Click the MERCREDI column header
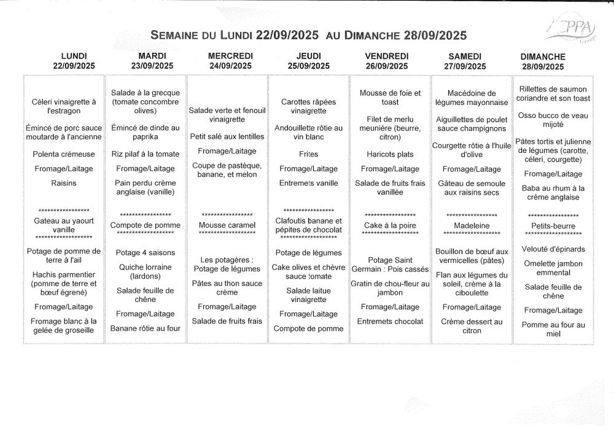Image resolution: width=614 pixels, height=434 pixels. pyautogui.click(x=230, y=56)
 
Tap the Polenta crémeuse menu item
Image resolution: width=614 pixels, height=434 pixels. pyautogui.click(x=64, y=154)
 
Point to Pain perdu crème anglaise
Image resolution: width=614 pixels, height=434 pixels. pyautogui.click(x=145, y=187)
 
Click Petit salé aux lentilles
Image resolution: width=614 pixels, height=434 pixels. pyautogui.click(x=227, y=136)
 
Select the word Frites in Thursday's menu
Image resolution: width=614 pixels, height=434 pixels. pyautogui.click(x=308, y=154)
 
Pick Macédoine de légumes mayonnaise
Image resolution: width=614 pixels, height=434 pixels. pyautogui.click(x=472, y=98)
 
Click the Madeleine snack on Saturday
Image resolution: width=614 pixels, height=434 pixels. pyautogui.click(x=472, y=225)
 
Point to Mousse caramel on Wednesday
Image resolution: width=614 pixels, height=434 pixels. pyautogui.click(x=227, y=225)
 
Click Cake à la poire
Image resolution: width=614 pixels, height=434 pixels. pyautogui.click(x=390, y=225)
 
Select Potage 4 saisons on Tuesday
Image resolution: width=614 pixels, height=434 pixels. pyautogui.click(x=145, y=252)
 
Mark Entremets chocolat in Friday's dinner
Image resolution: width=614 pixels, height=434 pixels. pyautogui.click(x=390, y=321)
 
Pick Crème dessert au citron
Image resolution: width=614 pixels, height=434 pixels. pyautogui.click(x=472, y=326)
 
